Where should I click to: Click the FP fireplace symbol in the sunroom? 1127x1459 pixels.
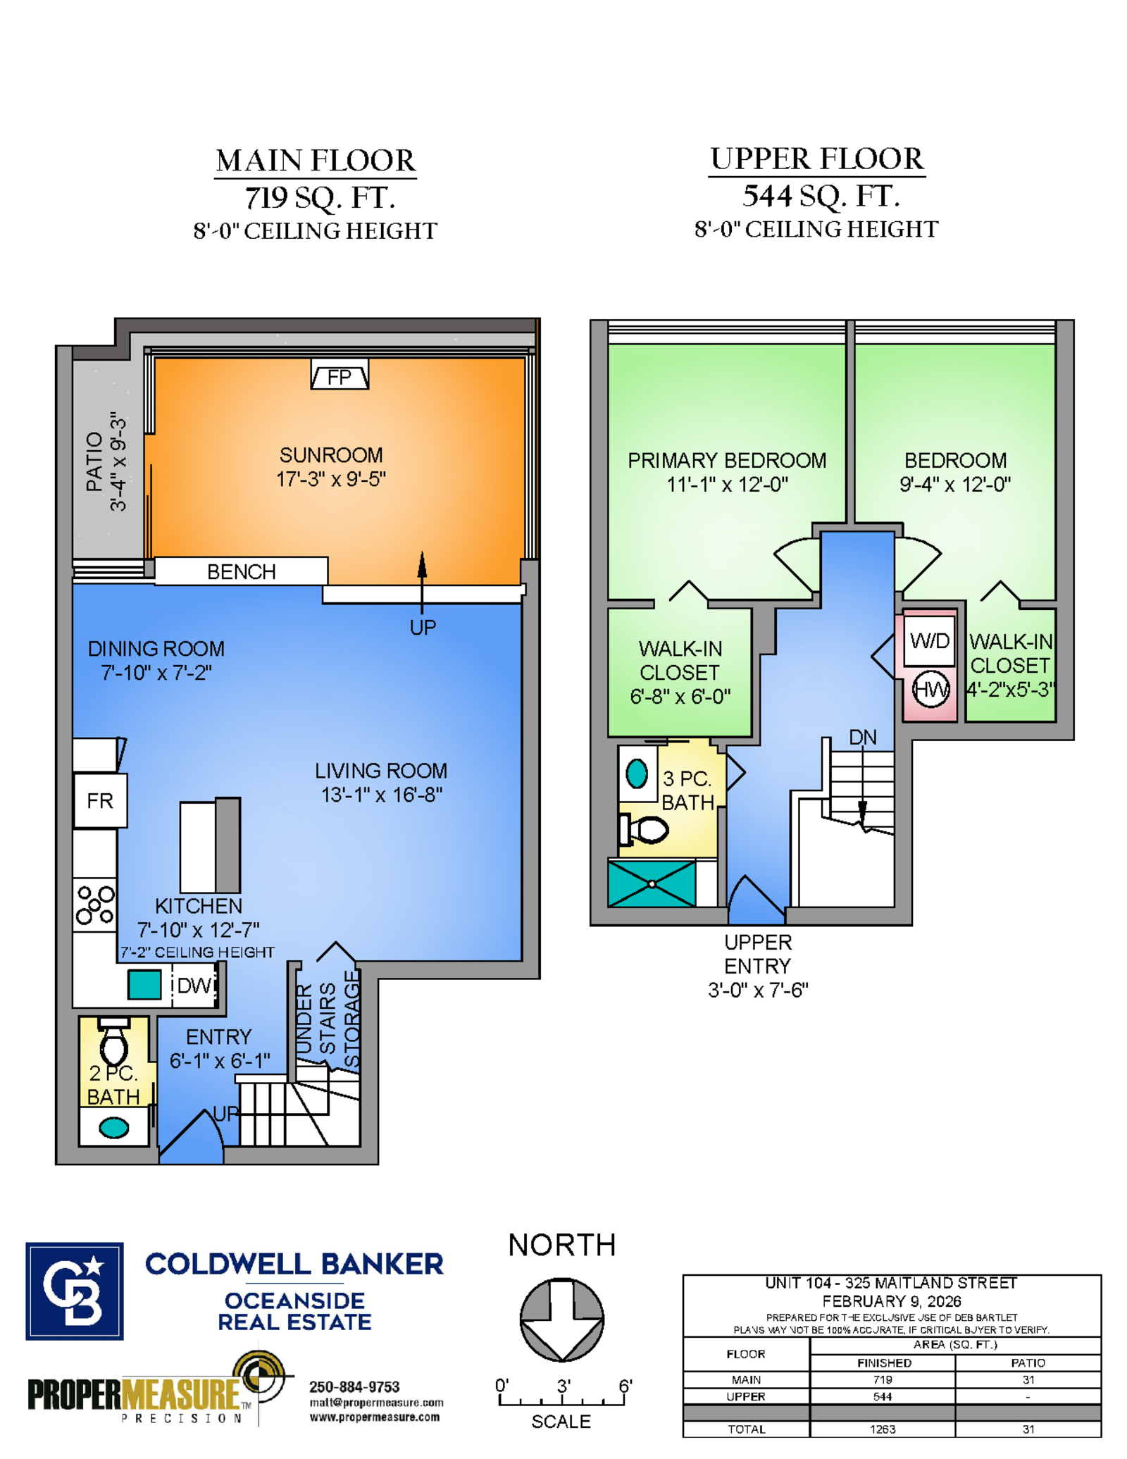click(340, 374)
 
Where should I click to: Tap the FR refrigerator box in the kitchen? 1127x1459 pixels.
click(100, 800)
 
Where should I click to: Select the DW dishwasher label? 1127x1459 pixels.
click(194, 985)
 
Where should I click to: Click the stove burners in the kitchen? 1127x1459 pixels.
click(95, 905)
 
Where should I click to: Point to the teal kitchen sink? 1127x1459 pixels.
click(144, 984)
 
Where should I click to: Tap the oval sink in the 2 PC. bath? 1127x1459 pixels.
click(114, 1128)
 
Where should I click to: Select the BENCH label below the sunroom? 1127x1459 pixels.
click(241, 571)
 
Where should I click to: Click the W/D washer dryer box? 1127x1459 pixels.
click(930, 640)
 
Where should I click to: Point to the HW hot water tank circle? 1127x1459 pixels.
click(931, 689)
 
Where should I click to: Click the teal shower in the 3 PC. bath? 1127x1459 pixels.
click(652, 883)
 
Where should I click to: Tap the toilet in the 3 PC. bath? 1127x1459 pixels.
click(643, 829)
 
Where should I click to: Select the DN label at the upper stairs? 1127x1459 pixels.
click(863, 737)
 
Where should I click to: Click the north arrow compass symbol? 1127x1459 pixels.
click(561, 1319)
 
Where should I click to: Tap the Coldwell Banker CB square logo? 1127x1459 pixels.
click(75, 1291)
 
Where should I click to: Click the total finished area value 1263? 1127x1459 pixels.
click(883, 1429)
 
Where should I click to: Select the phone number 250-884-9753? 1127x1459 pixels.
click(354, 1386)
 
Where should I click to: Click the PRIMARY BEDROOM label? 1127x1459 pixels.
click(727, 460)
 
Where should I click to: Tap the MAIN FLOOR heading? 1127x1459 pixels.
click(316, 161)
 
